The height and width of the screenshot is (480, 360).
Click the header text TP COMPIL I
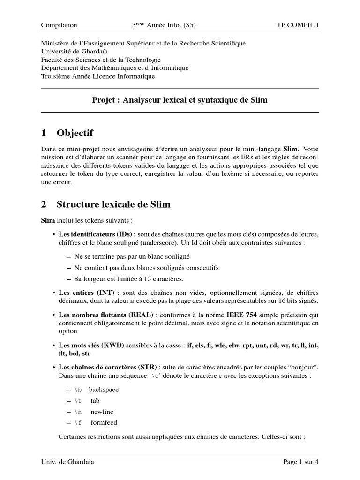click(298, 25)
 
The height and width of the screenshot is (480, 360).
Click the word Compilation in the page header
click(59, 25)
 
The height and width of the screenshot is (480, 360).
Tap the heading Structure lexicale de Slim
click(113, 204)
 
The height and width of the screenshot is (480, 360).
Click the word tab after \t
click(95, 401)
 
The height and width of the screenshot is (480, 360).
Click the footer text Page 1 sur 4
click(301, 462)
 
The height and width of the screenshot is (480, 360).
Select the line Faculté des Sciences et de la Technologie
click(101, 60)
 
